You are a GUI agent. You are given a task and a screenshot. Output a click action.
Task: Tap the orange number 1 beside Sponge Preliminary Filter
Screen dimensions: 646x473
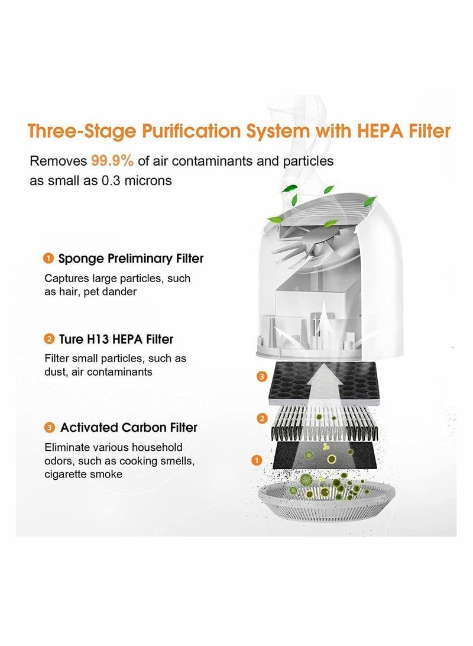coord(48,259)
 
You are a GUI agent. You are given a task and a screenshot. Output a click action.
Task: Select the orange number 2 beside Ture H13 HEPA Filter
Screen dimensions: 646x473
coord(48,340)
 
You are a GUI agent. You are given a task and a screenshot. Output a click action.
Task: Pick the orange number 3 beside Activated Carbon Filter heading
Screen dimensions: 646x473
coord(48,428)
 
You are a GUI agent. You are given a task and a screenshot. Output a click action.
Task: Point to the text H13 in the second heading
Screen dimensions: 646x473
coord(96,340)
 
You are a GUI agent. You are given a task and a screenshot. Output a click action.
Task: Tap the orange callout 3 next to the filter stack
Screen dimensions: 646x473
coord(262,376)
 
